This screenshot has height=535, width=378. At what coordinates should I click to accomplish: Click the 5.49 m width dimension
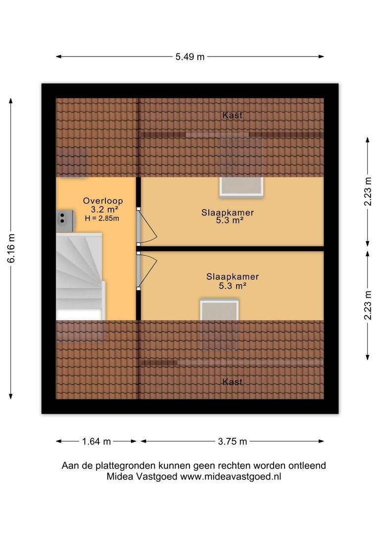(x=190, y=57)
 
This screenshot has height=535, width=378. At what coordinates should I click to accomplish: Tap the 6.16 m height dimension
(x=11, y=248)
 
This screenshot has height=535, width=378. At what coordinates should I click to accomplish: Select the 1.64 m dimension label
(x=96, y=441)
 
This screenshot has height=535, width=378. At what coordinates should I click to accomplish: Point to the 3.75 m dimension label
(x=233, y=441)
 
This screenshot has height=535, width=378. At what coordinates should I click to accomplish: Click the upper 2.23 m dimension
(x=368, y=191)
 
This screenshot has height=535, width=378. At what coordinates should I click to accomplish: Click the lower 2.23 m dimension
(x=368, y=305)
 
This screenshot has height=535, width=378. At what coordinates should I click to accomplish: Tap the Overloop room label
(x=103, y=201)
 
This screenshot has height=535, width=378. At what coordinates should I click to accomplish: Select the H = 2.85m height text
(x=102, y=218)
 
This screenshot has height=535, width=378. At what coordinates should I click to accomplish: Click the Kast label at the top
(x=233, y=115)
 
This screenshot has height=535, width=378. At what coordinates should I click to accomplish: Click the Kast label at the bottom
(x=233, y=382)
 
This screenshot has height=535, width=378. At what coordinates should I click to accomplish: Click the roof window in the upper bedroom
(x=241, y=187)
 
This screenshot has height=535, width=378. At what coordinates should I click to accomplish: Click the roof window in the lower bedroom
(x=220, y=310)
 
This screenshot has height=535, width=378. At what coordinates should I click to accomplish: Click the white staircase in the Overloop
(x=80, y=276)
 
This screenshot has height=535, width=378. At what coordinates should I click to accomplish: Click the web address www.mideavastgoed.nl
(x=231, y=477)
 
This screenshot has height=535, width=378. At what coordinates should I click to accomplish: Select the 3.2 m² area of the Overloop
(x=104, y=210)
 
